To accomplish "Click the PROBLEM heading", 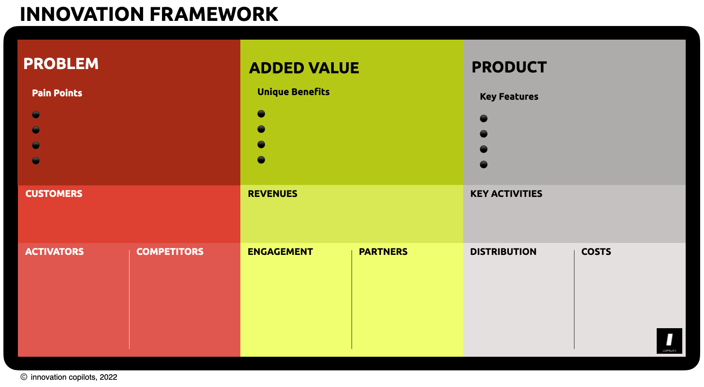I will pos(61,64).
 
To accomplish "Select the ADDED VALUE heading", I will pos(304,68).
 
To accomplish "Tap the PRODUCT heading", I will pos(509,67).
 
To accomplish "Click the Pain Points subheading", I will pos(57,93).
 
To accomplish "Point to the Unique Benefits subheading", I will pos(293,92).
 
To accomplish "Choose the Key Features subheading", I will pos(509,97).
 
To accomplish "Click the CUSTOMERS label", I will pos(54,194).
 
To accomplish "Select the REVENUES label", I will pos(272,194).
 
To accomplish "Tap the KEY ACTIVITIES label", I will pos(506,194).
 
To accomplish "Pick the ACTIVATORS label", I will pos(54,252).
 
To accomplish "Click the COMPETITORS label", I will pos(170,252).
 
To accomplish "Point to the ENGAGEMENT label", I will pos(280,252).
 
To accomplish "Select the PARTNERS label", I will pos(383,252).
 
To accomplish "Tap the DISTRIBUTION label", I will pos(503,252).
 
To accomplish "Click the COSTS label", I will pos(596,252).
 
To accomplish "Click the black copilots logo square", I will pos(669,341).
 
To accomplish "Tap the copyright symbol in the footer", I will pos(24,377).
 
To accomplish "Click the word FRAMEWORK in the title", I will pos(214,14).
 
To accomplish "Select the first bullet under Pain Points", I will pos(36,115).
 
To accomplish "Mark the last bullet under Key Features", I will pos(484,165).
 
